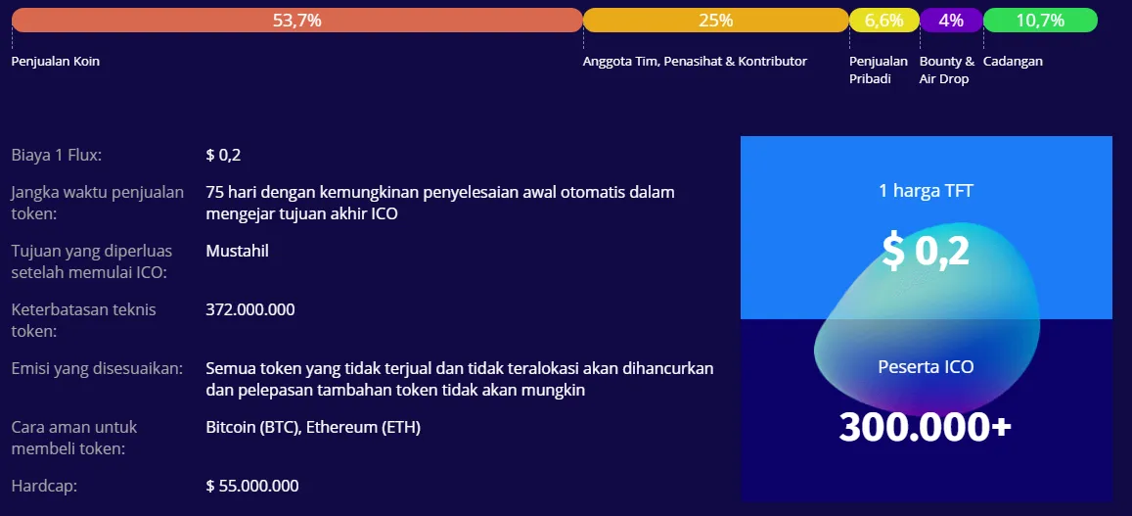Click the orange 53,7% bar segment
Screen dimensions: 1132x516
296,21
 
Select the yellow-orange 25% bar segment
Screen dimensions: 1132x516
715,21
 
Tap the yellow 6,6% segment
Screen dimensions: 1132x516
884,21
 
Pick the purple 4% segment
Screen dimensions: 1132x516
952,21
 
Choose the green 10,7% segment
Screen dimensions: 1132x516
1040,21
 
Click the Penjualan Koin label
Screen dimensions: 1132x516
56,62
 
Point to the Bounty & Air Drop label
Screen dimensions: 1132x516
946,70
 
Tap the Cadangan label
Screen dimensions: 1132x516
1013,62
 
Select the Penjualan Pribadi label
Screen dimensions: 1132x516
878,70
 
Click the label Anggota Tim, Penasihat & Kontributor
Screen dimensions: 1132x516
696,62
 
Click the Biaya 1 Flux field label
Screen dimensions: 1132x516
57,155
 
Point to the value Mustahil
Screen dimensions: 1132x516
238,251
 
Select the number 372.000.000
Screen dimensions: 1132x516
250,309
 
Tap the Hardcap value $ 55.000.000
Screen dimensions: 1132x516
252,486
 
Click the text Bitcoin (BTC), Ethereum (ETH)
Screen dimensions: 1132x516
313,427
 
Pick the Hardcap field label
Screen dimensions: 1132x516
44,486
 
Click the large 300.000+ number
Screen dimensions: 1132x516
925,426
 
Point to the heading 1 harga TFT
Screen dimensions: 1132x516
927,191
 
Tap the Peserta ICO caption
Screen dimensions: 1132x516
927,366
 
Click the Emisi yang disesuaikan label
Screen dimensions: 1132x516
98,368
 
